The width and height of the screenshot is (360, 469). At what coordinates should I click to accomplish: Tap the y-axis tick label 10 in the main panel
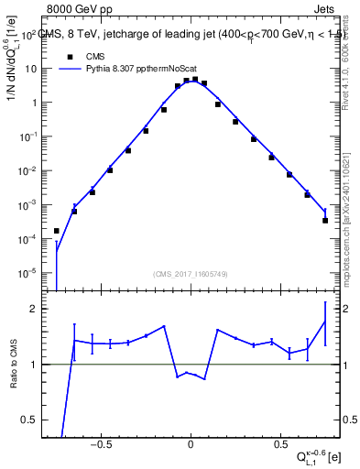[30, 70]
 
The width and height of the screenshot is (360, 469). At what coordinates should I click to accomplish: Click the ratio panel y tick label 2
[33, 309]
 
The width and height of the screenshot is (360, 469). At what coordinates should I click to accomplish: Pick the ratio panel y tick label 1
[33, 365]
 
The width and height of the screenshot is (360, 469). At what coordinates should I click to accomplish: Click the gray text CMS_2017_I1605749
[191, 274]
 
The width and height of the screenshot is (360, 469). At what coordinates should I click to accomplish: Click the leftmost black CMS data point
[57, 231]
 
